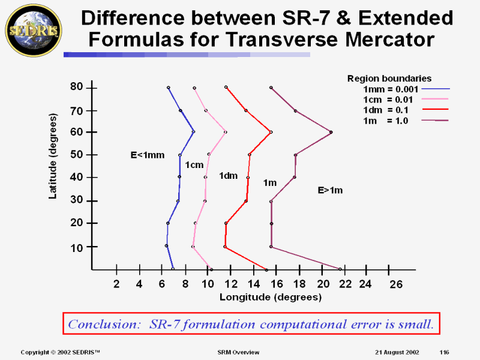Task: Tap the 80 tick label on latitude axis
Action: pyautogui.click(x=76, y=87)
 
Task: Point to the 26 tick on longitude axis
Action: pyautogui.click(x=395, y=284)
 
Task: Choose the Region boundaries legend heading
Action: pyautogui.click(x=389, y=78)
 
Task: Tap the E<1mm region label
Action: pyautogui.click(x=148, y=155)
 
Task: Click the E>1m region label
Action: pyautogui.click(x=330, y=190)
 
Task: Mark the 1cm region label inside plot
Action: pyautogui.click(x=194, y=165)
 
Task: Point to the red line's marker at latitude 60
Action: pyautogui.click(x=271, y=132)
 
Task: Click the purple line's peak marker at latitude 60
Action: pyautogui.click(x=331, y=132)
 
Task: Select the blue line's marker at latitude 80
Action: pyautogui.click(x=169, y=88)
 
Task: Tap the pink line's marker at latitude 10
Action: pyautogui.click(x=193, y=247)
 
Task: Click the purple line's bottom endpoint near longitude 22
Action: pyautogui.click(x=340, y=269)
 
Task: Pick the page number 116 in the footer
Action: pyautogui.click(x=445, y=351)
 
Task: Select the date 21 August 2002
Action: pyautogui.click(x=394, y=351)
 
